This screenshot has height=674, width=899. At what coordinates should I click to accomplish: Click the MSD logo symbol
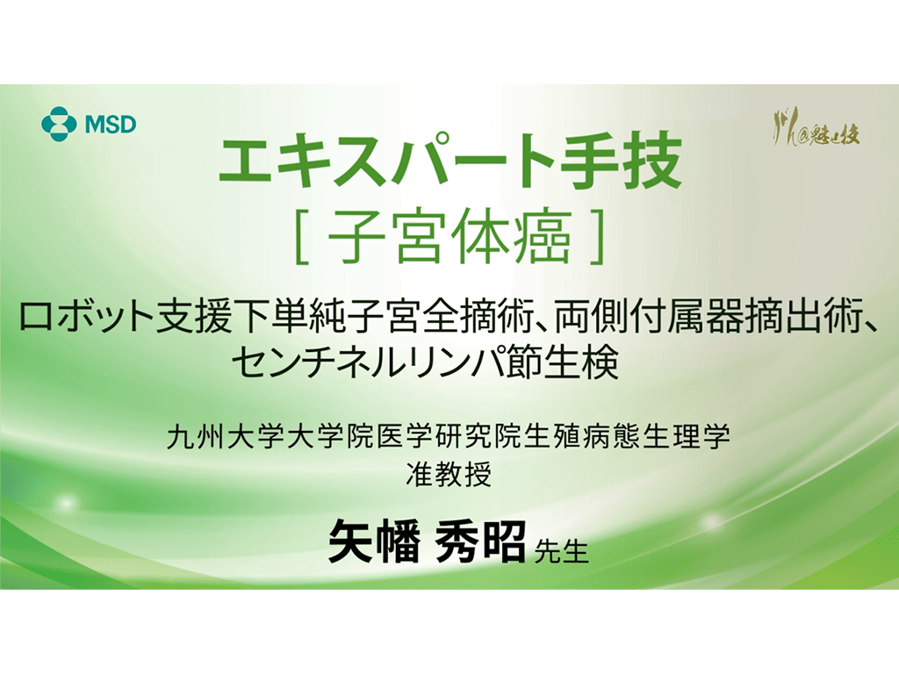coord(59,122)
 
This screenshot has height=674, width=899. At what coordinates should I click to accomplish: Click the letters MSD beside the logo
coord(111,124)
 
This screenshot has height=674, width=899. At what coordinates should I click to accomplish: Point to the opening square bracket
coord(302,240)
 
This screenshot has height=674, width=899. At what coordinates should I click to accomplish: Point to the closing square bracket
coord(597,240)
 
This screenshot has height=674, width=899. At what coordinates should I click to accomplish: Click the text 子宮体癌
coord(449,240)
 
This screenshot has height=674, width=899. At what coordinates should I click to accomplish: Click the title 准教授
coord(449,477)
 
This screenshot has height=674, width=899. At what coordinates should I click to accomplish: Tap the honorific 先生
coord(561,552)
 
